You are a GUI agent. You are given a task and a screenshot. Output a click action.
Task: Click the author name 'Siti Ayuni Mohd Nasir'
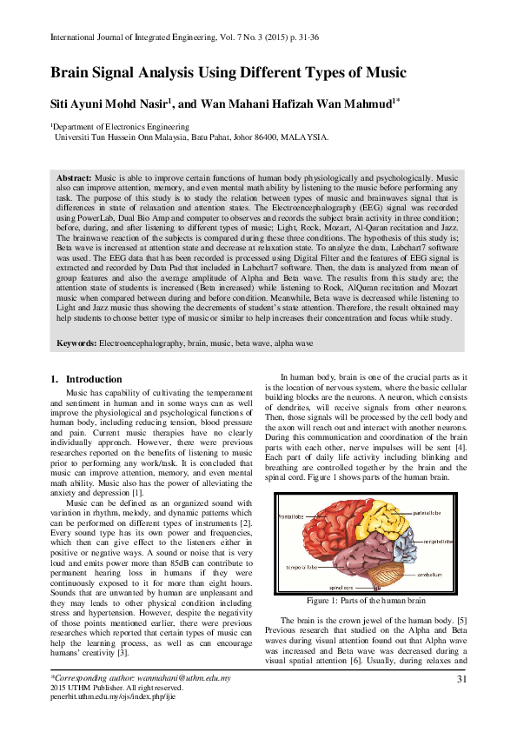(x=109, y=104)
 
